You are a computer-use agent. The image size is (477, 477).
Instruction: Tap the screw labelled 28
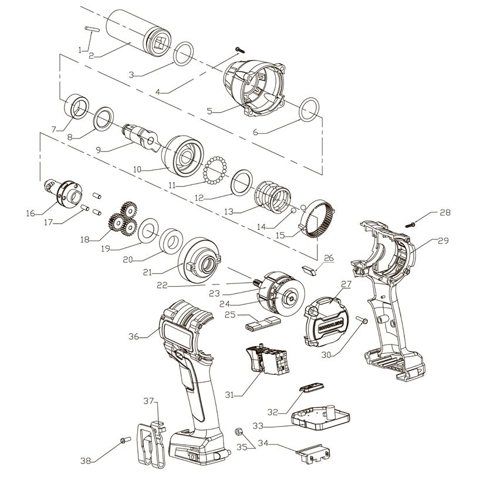tap(412, 223)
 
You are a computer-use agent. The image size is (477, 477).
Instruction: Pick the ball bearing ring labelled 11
tap(215, 169)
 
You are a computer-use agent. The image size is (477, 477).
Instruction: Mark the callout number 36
tap(134, 336)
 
